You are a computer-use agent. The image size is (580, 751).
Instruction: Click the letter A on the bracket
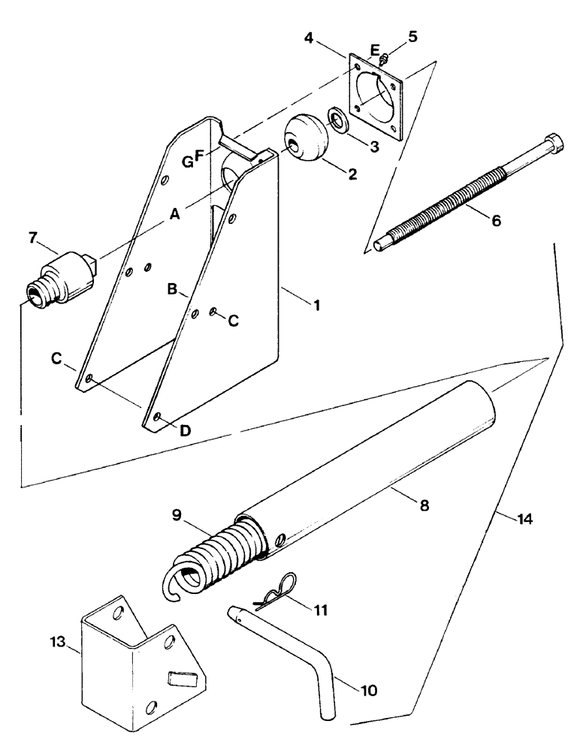175,214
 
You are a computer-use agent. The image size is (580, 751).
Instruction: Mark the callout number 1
318,306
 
